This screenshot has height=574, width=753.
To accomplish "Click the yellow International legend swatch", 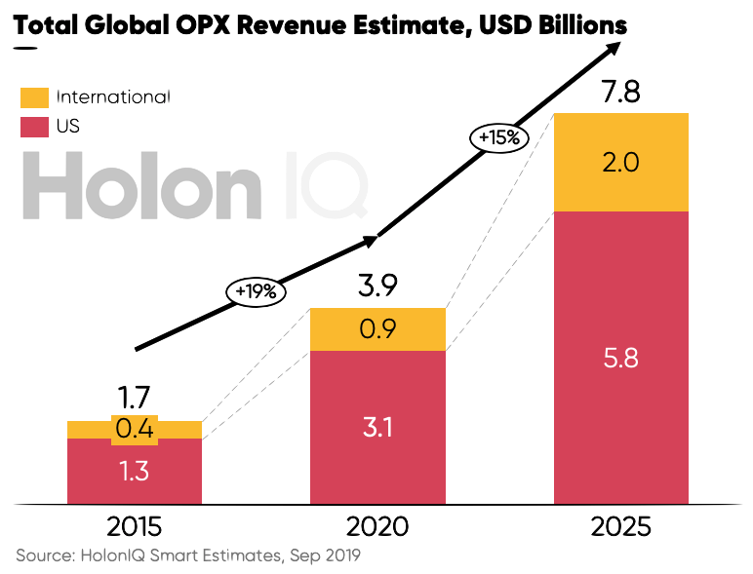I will [x=34, y=97].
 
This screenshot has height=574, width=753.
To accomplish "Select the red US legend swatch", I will [x=34, y=127].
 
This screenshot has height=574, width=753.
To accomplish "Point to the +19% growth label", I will [x=257, y=290].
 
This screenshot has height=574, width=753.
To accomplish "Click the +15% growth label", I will [x=498, y=138].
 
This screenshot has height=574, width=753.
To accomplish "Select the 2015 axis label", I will [x=134, y=527].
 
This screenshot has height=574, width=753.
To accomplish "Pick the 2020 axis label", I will [x=377, y=527].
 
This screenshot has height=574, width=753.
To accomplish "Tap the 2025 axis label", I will [x=620, y=527].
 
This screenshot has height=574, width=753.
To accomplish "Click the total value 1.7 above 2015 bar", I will [x=134, y=398].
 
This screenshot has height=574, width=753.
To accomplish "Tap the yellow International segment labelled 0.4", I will [x=134, y=429].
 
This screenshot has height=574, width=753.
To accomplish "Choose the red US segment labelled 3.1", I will [x=377, y=427].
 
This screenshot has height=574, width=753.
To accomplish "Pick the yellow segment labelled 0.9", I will [x=377, y=329].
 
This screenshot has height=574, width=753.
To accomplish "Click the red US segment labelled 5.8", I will [x=620, y=358].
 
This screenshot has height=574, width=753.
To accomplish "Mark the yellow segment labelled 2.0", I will [x=620, y=163].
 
